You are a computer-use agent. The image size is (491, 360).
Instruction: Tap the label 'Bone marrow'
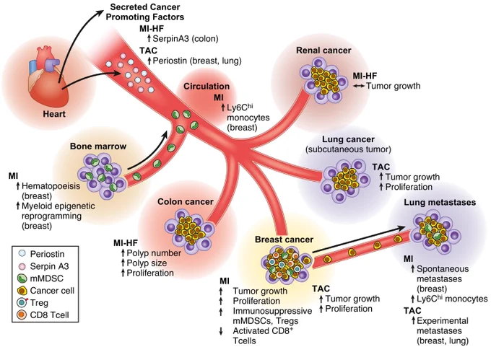pyautogui.click(x=98, y=146)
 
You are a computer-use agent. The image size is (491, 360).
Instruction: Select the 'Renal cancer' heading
pyautogui.click(x=323, y=51)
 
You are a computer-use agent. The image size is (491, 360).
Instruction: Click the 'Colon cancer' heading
pyautogui.click(x=186, y=202)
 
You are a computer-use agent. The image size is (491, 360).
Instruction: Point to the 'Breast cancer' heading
pyautogui.click(x=284, y=240)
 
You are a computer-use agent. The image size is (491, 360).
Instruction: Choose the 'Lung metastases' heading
pyautogui.click(x=440, y=202)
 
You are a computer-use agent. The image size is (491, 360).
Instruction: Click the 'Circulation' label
pyautogui.click(x=207, y=87)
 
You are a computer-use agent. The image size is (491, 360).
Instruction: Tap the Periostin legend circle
pyautogui.click(x=22, y=253)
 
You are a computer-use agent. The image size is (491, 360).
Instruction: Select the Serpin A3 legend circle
pyautogui.click(x=22, y=266)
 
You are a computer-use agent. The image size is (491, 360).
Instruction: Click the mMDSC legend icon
pyautogui.click(x=22, y=278)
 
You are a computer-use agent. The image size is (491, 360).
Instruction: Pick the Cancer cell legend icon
pyautogui.click(x=22, y=291)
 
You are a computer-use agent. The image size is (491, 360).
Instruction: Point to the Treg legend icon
pyautogui.click(x=22, y=302)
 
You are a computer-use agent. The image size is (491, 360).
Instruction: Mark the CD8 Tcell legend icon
pyautogui.click(x=22, y=315)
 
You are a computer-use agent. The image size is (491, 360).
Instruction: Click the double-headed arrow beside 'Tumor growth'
pyautogui.click(x=359, y=86)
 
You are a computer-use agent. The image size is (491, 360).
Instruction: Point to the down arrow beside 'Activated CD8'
pyautogui.click(x=221, y=331)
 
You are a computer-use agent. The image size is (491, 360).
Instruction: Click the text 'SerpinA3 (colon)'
pyautogui.click(x=186, y=39)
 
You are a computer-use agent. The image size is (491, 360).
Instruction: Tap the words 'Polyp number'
pyautogui.click(x=154, y=253)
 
